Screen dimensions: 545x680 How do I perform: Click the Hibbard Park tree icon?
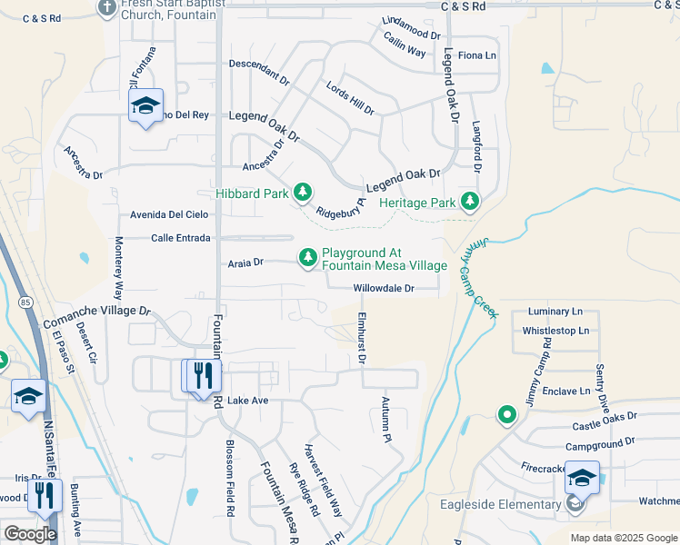click(303, 193)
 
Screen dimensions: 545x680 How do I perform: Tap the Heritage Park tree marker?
click(470, 202)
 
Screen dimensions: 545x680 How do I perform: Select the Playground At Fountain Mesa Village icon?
click(309, 259)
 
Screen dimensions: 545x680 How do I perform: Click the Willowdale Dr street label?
click(384, 289)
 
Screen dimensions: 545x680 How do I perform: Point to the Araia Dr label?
click(245, 263)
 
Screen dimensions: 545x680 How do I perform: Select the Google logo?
click(29, 533)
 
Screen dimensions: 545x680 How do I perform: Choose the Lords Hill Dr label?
click(350, 97)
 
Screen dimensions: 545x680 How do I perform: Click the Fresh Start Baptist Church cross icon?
click(106, 7)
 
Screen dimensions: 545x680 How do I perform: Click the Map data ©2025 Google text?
click(623, 538)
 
